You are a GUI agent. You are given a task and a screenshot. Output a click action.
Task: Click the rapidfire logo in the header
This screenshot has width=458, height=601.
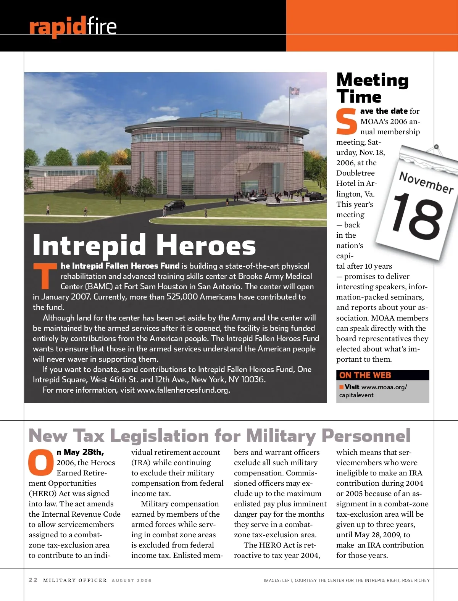tap(73, 26)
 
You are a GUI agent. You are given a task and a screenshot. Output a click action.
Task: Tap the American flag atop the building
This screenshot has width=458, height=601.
tap(294, 91)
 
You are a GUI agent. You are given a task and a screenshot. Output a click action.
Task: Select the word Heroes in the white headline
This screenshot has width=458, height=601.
tap(206, 246)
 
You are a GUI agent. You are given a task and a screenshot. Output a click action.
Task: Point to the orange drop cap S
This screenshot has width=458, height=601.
tap(347, 122)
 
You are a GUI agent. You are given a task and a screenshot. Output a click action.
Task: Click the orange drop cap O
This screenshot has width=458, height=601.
tap(41, 462)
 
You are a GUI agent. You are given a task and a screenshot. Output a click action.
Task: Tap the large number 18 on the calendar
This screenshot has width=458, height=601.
tap(417, 216)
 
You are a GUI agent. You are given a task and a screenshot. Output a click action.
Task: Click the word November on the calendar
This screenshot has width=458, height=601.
tap(426, 182)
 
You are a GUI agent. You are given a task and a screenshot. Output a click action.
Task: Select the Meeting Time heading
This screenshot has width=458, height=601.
tap(372, 88)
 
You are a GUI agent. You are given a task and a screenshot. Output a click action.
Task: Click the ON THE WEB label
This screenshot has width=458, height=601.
tap(365, 375)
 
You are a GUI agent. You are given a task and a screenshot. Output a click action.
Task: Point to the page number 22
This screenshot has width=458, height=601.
tap(33, 580)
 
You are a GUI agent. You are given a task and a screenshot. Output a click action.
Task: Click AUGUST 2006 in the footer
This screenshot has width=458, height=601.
tap(132, 580)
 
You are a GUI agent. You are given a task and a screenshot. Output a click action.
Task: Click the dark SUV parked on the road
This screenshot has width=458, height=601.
tap(174, 206)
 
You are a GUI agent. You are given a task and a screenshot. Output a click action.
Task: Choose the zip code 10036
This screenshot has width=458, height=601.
tap(253, 380)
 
